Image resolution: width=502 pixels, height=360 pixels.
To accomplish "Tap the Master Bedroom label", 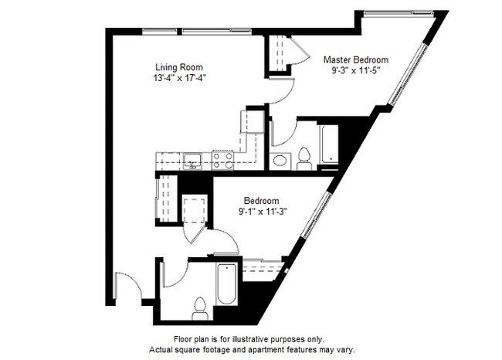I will pos(355,59).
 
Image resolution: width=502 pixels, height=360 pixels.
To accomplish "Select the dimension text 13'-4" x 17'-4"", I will pos(181,77).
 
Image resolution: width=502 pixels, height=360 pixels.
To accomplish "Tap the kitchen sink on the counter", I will pos(192,161).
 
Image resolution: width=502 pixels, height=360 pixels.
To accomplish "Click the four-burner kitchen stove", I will pos(223,160).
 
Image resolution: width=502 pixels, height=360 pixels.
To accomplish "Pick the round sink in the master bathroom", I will pos(280,161).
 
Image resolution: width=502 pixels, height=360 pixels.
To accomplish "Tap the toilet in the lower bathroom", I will pos(200,307).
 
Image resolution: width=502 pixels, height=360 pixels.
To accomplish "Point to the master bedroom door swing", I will pos(283,93).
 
